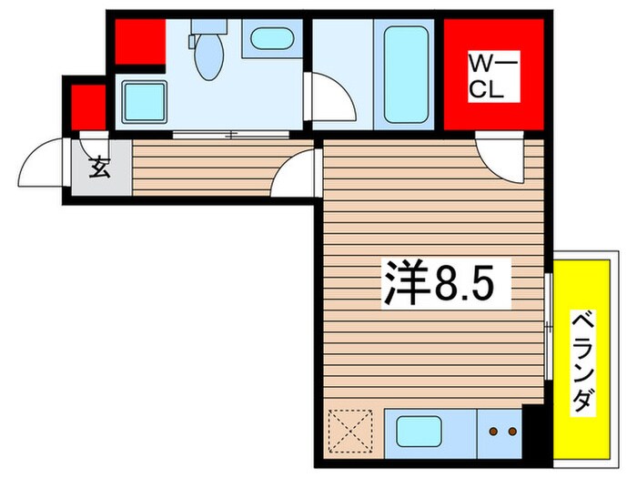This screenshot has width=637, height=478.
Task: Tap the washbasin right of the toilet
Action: pos(271,39)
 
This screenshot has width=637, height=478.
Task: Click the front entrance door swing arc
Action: pos(41,162)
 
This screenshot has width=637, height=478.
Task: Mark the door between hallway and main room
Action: pos(296,173)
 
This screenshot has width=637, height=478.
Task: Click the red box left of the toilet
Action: pos(139,40)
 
